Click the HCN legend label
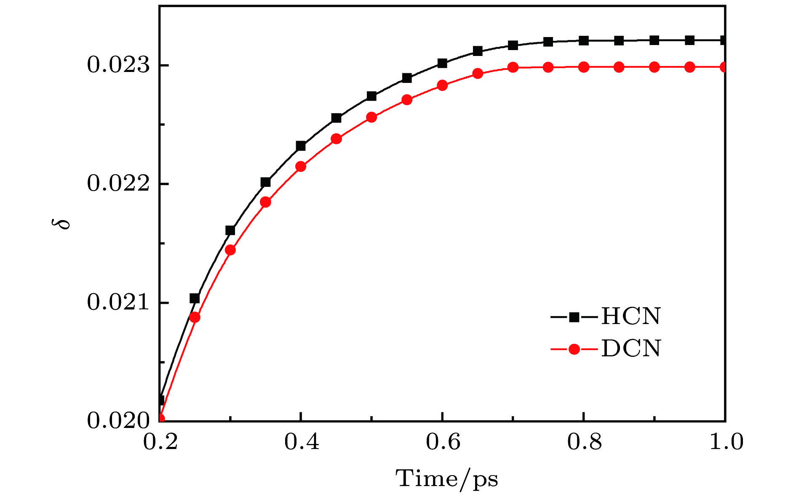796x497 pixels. click(631, 316)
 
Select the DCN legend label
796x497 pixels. click(631, 349)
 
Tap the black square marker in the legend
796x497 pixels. click(574, 317)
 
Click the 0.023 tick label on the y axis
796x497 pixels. click(118, 66)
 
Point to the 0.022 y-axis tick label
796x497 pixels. click(118, 184)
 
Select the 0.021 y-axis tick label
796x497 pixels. click(118, 303)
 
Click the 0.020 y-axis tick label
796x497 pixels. click(118, 421)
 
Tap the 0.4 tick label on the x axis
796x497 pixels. click(302, 442)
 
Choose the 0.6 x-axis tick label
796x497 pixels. click(443, 442)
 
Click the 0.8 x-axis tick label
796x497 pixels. click(584, 442)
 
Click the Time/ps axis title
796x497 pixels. click(446, 479)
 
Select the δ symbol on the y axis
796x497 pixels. click(64, 223)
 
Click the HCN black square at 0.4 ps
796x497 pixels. click(301, 146)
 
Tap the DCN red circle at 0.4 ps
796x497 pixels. click(301, 167)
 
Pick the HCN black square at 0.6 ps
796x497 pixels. click(442, 64)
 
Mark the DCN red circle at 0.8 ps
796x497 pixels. click(583, 67)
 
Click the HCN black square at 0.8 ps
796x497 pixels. click(583, 41)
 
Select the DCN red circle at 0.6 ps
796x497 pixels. click(442, 85)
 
